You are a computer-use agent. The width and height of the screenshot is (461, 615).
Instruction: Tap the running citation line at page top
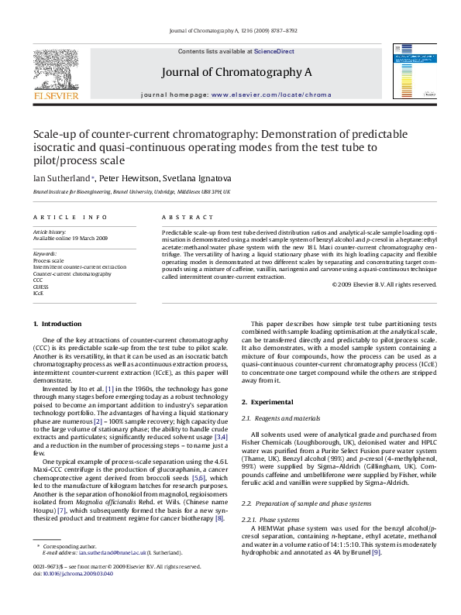(230, 30)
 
